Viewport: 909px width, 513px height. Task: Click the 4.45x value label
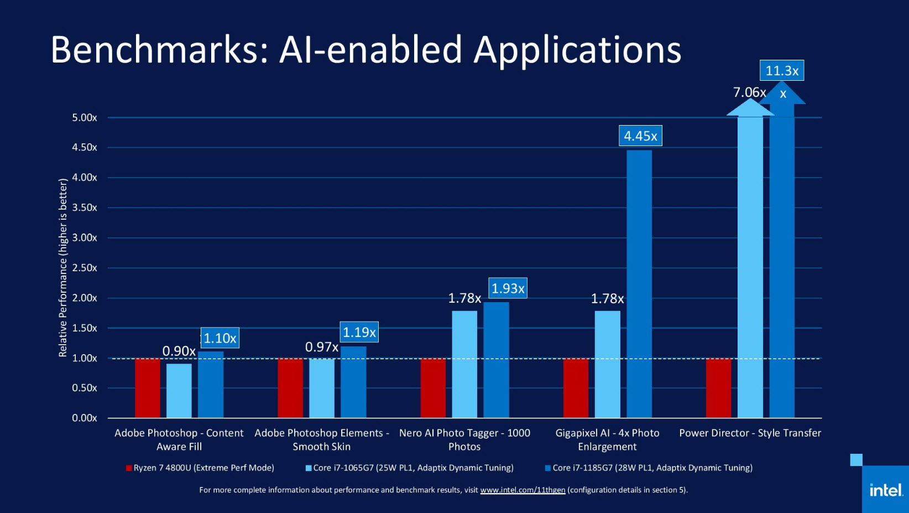[x=640, y=136]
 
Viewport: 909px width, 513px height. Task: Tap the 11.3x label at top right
[x=781, y=71]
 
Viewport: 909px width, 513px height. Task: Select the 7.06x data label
[x=749, y=92]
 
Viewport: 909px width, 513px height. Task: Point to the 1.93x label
[x=508, y=288]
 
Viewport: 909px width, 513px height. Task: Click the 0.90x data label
[x=179, y=351]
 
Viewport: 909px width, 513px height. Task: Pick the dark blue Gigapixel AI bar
[x=639, y=283]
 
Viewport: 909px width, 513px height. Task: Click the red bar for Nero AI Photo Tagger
[x=433, y=387]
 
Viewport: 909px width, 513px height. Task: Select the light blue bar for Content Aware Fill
[x=179, y=390]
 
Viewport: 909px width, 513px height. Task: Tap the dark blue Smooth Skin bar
[x=353, y=382]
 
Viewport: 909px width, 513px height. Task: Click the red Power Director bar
[x=718, y=387]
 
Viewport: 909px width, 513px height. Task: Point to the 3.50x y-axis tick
[x=85, y=208]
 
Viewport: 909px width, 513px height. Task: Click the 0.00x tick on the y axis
[x=85, y=418]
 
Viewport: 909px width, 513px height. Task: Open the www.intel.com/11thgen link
[x=523, y=490]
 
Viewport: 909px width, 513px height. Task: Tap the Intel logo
[x=886, y=490]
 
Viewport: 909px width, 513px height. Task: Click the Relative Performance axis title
[x=63, y=268]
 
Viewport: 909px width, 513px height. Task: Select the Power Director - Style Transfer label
[x=750, y=433]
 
